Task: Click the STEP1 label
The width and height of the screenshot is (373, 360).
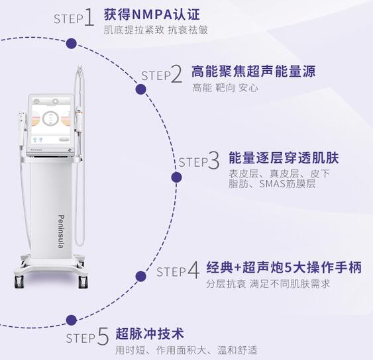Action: pos(74,17)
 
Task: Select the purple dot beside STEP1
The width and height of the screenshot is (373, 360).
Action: pos(72,44)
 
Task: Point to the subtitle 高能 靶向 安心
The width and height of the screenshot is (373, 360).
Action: pos(225,87)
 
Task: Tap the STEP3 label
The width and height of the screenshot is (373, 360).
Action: pos(199,161)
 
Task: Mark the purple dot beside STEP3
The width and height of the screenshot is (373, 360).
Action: pos(176,177)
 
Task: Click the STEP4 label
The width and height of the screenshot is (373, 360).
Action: pos(178,271)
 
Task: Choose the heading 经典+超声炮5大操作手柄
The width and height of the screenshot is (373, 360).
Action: pos(282,267)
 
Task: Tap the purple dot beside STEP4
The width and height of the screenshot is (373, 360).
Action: pos(140,276)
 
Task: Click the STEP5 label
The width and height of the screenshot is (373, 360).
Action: pos(87,337)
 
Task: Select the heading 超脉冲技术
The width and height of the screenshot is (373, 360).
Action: pos(149,333)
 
